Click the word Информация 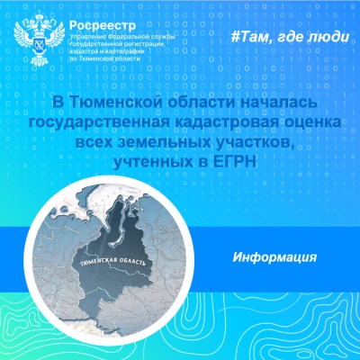274,257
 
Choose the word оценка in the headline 311,122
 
